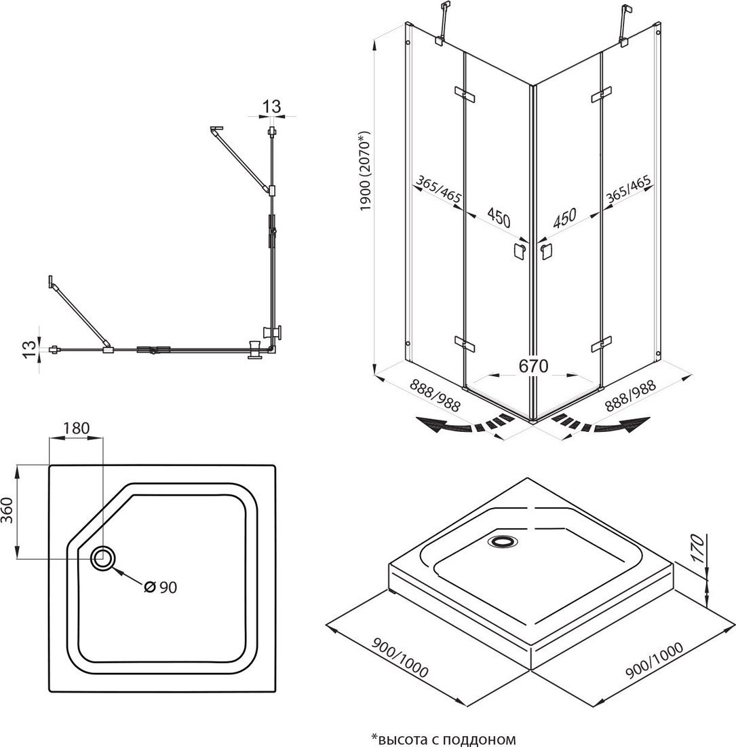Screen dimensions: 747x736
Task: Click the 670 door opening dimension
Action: tap(533, 365)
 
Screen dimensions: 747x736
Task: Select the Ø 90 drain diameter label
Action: tap(160, 587)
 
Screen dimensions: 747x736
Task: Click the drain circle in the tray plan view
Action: tap(104, 558)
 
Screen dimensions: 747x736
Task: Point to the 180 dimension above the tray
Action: tap(77, 428)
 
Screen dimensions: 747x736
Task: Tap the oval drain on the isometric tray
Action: tap(503, 541)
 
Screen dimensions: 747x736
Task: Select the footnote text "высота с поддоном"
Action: tap(444, 738)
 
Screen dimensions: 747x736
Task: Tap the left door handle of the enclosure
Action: tap(519, 251)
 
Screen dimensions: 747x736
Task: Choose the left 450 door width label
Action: tap(498, 218)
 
